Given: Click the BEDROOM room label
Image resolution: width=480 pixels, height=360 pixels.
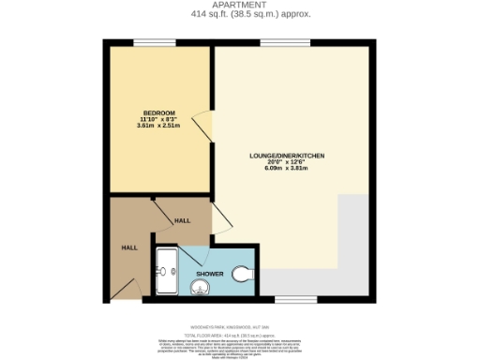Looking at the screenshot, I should click(x=158, y=113).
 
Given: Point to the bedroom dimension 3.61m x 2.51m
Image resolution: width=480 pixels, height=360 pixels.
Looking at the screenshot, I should click(x=158, y=126).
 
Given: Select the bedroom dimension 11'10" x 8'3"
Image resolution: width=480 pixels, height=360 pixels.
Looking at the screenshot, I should click(x=158, y=120).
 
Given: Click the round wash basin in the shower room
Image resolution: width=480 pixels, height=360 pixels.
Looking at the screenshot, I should click(x=201, y=287).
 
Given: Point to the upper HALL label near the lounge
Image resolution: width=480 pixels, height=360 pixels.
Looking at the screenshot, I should click(x=183, y=221).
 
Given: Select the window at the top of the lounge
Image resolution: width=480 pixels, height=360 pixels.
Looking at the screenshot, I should click(x=274, y=42).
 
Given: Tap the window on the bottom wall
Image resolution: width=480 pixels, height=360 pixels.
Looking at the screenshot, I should click(x=288, y=300).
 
